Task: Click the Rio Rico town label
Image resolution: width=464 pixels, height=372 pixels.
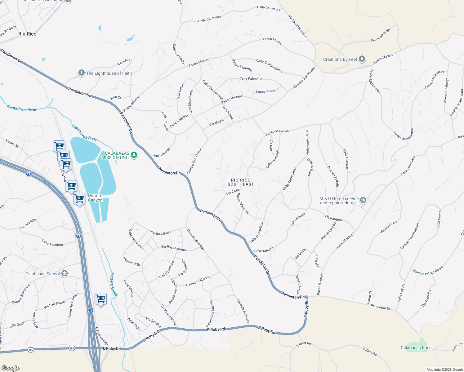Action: click(27, 34)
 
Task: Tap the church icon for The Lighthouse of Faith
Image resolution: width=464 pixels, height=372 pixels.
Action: click(81, 73)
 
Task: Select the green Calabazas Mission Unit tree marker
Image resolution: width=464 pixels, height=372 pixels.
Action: click(134, 155)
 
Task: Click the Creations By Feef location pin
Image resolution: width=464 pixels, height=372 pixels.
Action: click(362, 59)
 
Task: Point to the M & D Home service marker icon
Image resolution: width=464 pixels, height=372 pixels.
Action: click(363, 200)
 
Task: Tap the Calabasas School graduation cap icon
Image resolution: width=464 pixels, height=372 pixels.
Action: click(64, 273)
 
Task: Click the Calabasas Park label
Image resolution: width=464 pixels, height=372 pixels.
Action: click(415, 348)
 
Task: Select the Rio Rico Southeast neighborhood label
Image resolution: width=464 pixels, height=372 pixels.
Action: click(241, 182)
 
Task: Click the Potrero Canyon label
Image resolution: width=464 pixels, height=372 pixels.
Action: click(95, 198)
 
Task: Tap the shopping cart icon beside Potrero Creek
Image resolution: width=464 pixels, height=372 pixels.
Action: click(100, 299)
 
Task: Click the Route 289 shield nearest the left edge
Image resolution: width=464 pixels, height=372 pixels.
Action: click(31, 349)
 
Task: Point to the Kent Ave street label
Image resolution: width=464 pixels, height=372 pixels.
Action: click(124, 62)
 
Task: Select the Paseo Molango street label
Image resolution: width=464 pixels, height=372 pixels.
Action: click(381, 35)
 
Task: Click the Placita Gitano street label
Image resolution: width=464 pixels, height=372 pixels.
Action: click(160, 233)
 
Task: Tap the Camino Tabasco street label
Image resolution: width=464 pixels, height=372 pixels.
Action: click(198, 281)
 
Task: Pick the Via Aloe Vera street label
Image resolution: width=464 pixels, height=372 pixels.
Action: click(388, 227)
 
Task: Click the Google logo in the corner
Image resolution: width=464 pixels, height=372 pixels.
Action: click(11, 368)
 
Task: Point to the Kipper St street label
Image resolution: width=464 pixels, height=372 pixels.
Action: click(12, 143)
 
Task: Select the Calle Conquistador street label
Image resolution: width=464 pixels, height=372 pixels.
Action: click(269, 66)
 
